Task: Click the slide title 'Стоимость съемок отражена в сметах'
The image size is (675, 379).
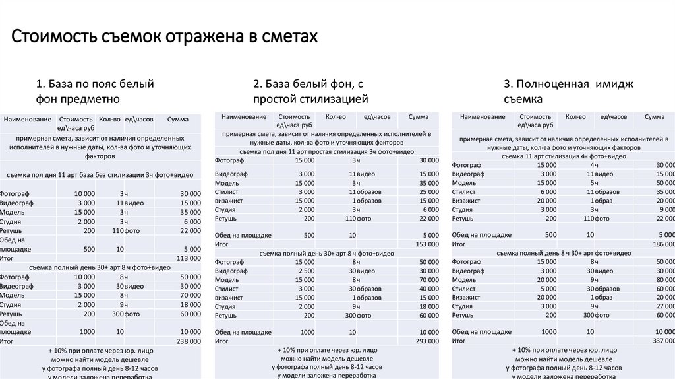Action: (165, 36)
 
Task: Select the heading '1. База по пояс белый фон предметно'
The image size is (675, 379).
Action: (95, 92)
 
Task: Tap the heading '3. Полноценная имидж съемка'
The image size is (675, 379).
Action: (568, 92)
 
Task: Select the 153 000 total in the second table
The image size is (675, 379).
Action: (426, 244)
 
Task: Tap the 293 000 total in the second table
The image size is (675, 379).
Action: (426, 341)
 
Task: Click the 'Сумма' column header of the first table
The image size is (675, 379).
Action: (178, 119)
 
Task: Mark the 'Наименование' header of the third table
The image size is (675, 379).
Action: (482, 117)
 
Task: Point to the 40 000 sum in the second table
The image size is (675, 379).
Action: (428, 289)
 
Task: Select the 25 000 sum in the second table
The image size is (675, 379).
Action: (428, 191)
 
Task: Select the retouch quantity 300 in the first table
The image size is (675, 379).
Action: (117, 314)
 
